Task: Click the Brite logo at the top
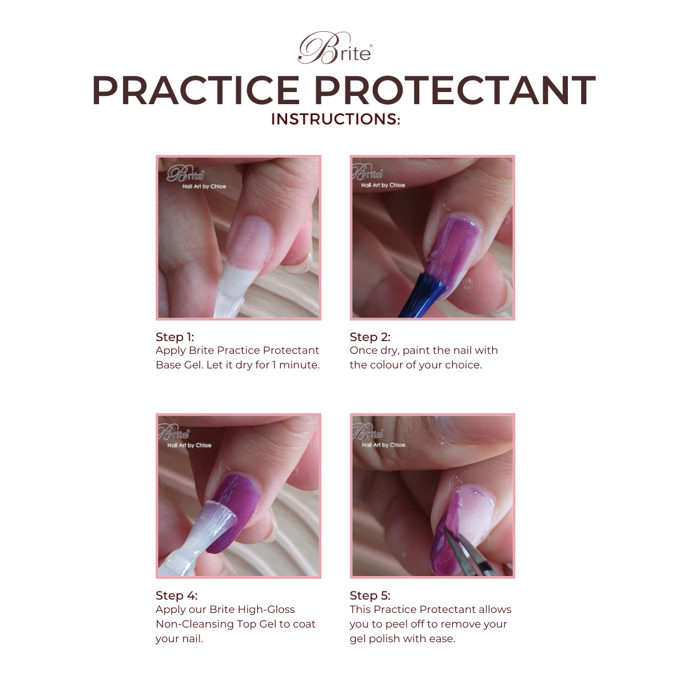click(335, 49)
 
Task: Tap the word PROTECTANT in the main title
click(455, 90)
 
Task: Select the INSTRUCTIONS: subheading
click(335, 119)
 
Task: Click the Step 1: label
click(175, 337)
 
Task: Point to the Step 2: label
click(370, 337)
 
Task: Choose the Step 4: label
click(177, 595)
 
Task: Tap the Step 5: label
click(370, 595)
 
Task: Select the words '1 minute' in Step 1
click(295, 365)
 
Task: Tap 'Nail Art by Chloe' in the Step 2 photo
click(383, 185)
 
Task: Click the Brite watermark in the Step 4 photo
click(173, 434)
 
